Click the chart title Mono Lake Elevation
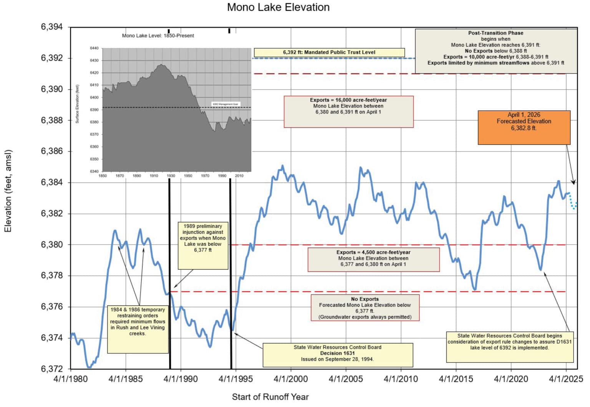278,7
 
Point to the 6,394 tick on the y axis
52,27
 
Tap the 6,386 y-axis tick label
52,151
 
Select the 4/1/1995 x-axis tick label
235,379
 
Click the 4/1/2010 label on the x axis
401,379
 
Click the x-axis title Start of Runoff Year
270,397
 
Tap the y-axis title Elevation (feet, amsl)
8,191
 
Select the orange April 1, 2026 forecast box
524,127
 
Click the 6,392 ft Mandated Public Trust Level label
329,52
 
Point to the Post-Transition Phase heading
496,33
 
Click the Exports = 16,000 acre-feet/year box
348,111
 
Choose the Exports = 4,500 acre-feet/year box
373,259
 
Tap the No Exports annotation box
365,308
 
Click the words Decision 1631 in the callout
337,353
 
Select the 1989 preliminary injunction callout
202,245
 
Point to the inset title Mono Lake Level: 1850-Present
158,36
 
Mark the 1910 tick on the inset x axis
154,176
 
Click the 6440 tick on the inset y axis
94,48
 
